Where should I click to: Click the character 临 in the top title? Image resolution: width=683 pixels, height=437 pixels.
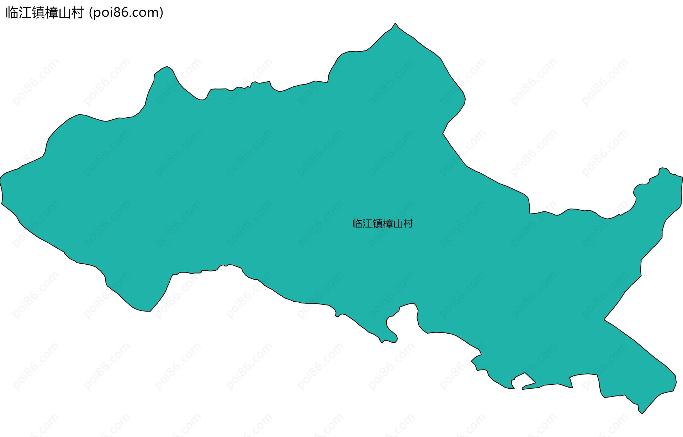(12, 13)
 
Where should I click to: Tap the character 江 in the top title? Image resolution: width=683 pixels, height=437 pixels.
(25, 13)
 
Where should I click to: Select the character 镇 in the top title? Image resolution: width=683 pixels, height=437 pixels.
(38, 13)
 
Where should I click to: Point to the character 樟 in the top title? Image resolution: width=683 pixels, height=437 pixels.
(51, 13)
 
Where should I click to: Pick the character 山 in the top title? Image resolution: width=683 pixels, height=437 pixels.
(64, 13)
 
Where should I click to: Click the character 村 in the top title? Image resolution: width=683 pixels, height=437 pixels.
(77, 13)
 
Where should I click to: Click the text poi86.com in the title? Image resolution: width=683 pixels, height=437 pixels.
(126, 13)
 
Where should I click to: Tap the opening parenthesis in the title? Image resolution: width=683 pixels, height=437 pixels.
(91, 13)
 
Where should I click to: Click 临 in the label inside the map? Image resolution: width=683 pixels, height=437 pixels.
(357, 223)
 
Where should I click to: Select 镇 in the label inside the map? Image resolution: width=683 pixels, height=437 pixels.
(377, 223)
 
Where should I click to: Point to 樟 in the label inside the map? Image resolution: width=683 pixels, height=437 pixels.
(388, 223)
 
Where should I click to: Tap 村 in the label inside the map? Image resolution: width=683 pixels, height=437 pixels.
(408, 223)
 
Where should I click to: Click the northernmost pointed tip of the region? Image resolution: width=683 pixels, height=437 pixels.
(395, 24)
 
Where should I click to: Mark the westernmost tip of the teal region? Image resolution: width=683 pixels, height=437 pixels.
(1, 178)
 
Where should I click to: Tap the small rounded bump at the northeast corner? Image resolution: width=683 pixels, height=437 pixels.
(663, 169)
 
